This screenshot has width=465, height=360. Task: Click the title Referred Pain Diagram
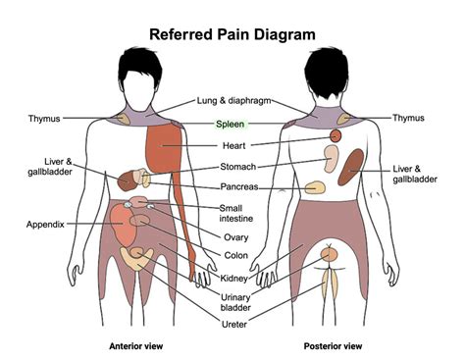[232, 34]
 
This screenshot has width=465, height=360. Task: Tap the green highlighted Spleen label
[230, 125]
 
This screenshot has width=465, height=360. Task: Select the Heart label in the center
[233, 145]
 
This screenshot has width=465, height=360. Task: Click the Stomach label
[237, 167]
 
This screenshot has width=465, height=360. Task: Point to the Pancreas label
[239, 186]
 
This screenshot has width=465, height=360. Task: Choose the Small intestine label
[235, 213]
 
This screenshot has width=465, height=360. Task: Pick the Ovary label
[235, 237]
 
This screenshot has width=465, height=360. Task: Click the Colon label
[236, 255]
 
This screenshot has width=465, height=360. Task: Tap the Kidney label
[233, 279]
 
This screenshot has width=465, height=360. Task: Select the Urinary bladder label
[235, 302]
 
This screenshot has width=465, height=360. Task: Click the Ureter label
[234, 325]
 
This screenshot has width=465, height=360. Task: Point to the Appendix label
[45, 225]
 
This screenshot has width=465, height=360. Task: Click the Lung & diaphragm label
[233, 100]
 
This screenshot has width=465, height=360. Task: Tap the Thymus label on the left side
[44, 118]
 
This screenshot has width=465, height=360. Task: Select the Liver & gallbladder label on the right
[415, 174]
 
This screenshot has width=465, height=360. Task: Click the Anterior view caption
[136, 346]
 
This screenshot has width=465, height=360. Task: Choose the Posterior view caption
[333, 346]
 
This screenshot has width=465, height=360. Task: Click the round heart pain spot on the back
[336, 135]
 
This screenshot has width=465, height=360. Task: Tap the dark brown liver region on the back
[350, 167]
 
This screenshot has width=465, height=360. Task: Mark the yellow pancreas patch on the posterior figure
[315, 187]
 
